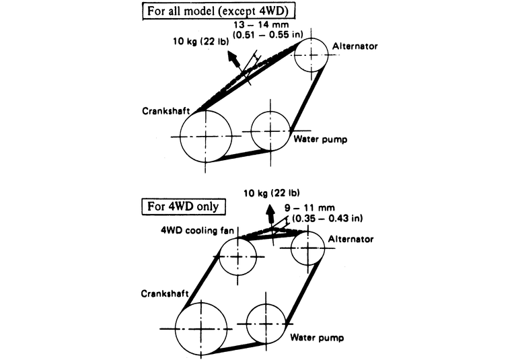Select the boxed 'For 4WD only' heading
(189, 205)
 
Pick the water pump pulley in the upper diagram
(270, 129)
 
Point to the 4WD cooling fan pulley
(238, 256)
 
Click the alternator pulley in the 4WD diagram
(308, 248)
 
